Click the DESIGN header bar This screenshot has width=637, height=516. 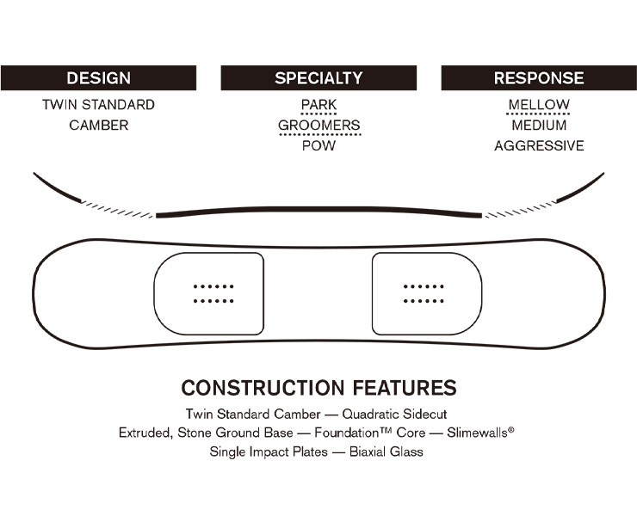point(98,78)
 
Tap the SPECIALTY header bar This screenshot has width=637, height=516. point(318,78)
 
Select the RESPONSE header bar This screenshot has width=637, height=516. point(539,78)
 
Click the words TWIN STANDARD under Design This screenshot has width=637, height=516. point(98,105)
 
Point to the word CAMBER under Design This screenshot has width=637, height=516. point(99,125)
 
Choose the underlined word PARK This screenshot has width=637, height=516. point(318,105)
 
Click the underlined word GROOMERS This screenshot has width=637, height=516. point(319,125)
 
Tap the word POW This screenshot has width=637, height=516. point(318,145)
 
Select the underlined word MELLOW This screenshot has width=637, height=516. point(539,105)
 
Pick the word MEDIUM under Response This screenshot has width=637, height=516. point(539,125)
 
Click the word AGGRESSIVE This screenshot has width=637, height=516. point(539,145)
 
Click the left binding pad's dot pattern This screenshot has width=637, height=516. point(213,293)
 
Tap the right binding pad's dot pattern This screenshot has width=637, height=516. point(424,293)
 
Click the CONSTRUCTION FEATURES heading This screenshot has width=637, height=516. point(318,388)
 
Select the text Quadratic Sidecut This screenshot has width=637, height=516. point(394,415)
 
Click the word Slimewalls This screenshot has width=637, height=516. point(478,433)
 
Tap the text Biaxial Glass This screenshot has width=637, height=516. point(387,451)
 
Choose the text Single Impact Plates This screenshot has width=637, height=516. point(269,451)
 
